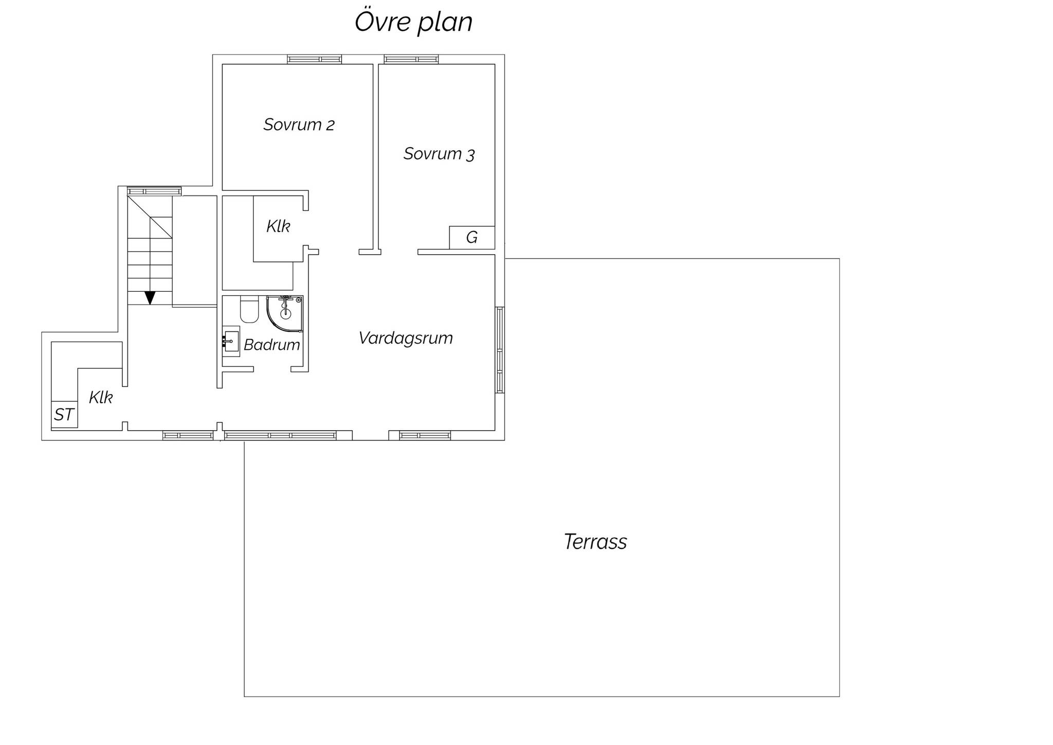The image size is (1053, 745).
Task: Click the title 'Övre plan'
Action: point(413,23)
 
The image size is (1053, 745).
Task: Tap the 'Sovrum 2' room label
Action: point(299,125)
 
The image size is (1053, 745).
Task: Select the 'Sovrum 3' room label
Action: point(439,154)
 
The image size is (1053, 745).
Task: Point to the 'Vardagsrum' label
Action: point(406,338)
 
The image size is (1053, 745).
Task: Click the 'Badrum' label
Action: point(271,345)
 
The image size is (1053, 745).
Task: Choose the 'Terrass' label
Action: point(595,542)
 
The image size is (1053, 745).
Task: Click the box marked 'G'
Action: point(472,238)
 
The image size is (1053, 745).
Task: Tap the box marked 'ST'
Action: point(64,414)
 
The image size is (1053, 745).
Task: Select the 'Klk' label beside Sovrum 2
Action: point(278,226)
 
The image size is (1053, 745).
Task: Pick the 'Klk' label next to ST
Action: point(101,397)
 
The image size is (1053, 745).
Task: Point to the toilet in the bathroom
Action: point(249,310)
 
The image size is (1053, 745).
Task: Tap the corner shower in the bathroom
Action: point(284,314)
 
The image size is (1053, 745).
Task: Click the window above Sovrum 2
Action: point(314,59)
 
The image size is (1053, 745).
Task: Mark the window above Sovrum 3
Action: point(411,59)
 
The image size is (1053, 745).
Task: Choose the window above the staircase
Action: point(154,191)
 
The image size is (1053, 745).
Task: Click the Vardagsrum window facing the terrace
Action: point(500,350)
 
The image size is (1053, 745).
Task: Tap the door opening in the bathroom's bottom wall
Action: point(273,369)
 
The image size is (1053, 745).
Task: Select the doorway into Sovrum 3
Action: point(400,252)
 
